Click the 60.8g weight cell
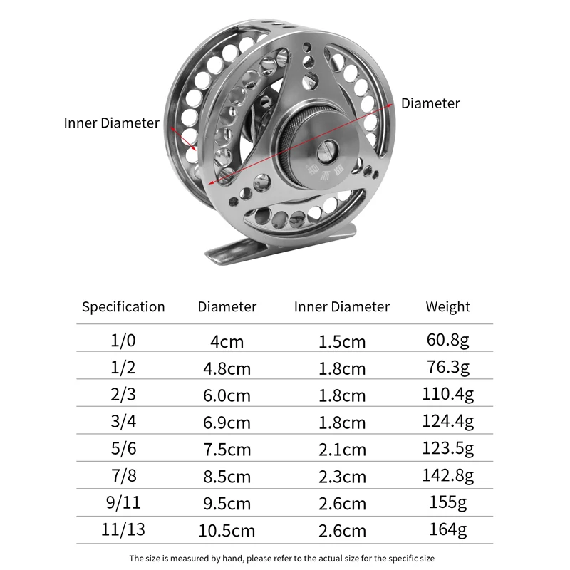[x=448, y=341]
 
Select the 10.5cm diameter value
[x=227, y=531]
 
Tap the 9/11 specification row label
[x=123, y=503]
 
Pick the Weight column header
[x=448, y=307]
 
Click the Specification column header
[x=123, y=307]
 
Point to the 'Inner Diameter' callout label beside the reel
[x=112, y=123]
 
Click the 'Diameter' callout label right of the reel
[x=430, y=103]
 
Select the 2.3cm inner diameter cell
[x=341, y=477]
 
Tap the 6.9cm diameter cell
[x=227, y=423]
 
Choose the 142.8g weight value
[x=448, y=476]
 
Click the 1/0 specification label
[x=123, y=341]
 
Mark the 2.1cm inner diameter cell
[x=341, y=450]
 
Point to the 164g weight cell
[x=448, y=530]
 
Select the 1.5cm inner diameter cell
[x=341, y=341]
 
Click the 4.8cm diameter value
[x=227, y=368]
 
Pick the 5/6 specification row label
[x=123, y=449]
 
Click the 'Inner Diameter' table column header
[x=342, y=307]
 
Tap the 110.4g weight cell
[x=448, y=395]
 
